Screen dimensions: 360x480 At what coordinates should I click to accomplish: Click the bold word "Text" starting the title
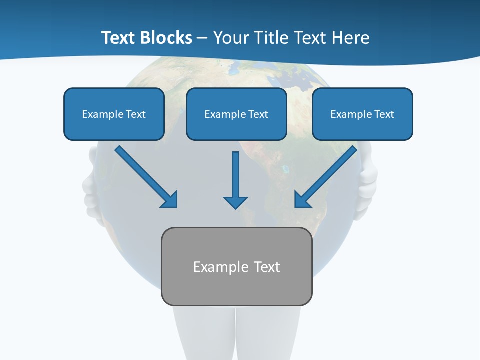119,38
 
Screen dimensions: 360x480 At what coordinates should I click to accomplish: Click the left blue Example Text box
114,114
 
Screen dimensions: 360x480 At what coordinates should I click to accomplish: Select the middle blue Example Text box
236,114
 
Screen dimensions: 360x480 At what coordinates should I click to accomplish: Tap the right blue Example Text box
362,114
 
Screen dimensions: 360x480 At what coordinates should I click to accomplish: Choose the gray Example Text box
236,266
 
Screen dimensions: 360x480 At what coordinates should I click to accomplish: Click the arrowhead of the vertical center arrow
235,201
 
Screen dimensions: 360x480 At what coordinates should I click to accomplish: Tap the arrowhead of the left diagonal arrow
170,199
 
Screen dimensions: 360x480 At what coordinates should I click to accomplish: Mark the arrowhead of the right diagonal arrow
302,199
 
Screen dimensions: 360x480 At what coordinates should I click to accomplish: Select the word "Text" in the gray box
267,267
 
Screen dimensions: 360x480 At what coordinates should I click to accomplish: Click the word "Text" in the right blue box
384,114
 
